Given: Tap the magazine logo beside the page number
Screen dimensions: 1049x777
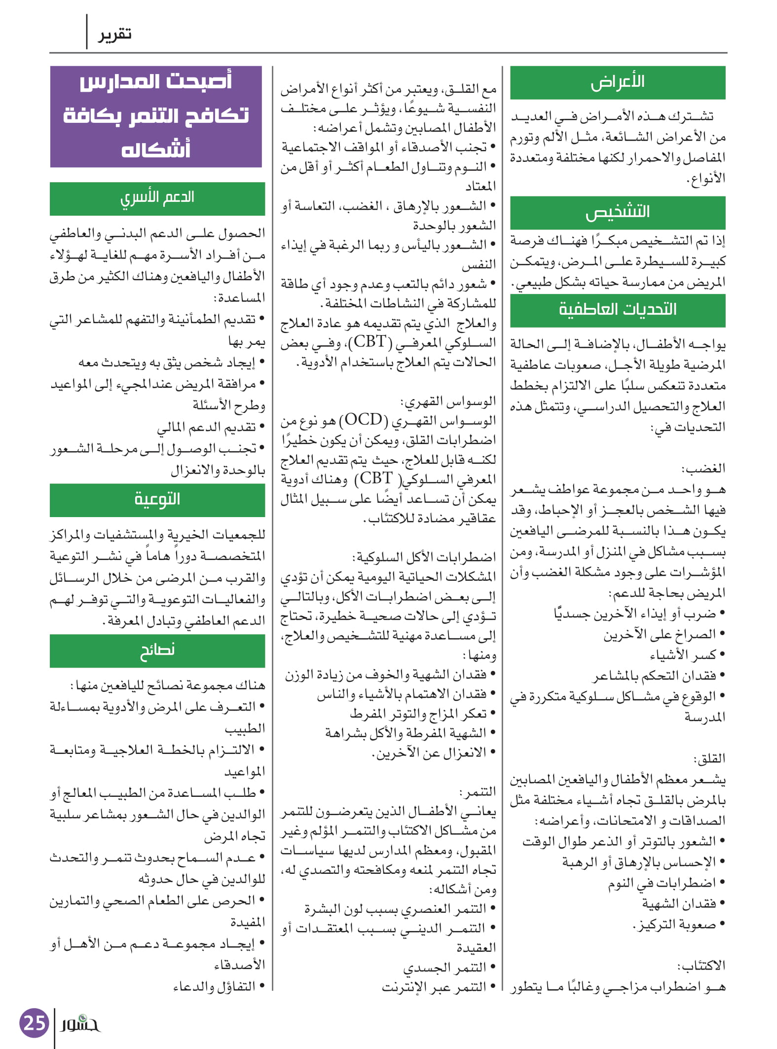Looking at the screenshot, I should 80,1023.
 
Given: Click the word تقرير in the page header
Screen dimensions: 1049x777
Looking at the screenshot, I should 115,34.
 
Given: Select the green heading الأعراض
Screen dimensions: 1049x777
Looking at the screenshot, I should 618,82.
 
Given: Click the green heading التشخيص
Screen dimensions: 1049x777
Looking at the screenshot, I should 618,212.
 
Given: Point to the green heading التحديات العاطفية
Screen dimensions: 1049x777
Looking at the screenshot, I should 618,310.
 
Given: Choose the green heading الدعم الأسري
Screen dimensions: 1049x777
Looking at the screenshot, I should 157,198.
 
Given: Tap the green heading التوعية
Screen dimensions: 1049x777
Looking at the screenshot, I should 157,499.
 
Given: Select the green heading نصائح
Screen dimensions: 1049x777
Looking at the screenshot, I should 157,650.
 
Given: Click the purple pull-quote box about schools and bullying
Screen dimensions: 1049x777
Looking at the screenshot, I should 156,116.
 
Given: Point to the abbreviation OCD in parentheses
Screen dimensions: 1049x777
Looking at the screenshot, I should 364,420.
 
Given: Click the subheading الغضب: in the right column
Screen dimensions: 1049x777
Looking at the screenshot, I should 703,468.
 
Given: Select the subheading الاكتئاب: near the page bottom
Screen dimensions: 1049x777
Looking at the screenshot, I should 701,965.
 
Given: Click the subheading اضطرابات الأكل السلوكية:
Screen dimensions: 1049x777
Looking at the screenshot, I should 424,558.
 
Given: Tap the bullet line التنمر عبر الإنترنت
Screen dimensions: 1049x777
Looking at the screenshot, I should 434,987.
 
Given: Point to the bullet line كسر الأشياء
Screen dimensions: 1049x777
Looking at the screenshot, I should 683,655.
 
